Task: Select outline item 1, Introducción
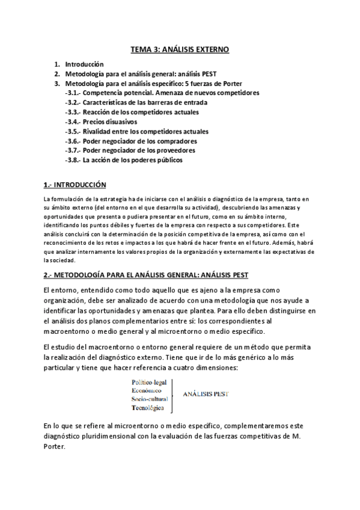(84, 64)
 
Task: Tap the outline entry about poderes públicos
(124, 160)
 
